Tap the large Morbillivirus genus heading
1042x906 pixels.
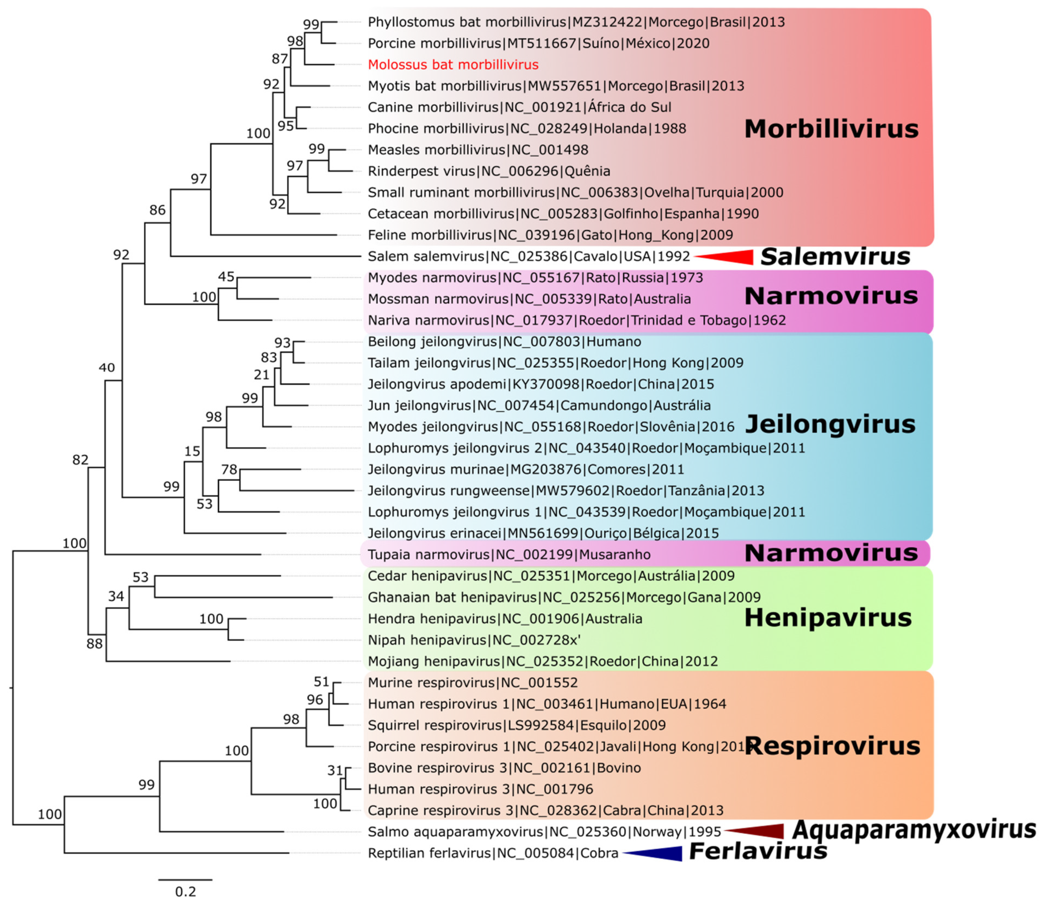831,129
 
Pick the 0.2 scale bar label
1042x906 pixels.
185,891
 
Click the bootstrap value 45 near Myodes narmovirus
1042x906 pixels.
226,277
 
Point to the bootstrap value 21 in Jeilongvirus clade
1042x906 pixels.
261,375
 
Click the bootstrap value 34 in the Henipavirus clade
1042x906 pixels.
116,596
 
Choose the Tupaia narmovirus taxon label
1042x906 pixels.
509,555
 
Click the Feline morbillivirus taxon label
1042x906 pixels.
550,235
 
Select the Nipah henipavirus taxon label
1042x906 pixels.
474,640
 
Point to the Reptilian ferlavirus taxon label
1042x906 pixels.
493,853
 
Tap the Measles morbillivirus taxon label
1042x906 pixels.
478,150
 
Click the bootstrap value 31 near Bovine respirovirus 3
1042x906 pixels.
335,770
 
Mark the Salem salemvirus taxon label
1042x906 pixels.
528,256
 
